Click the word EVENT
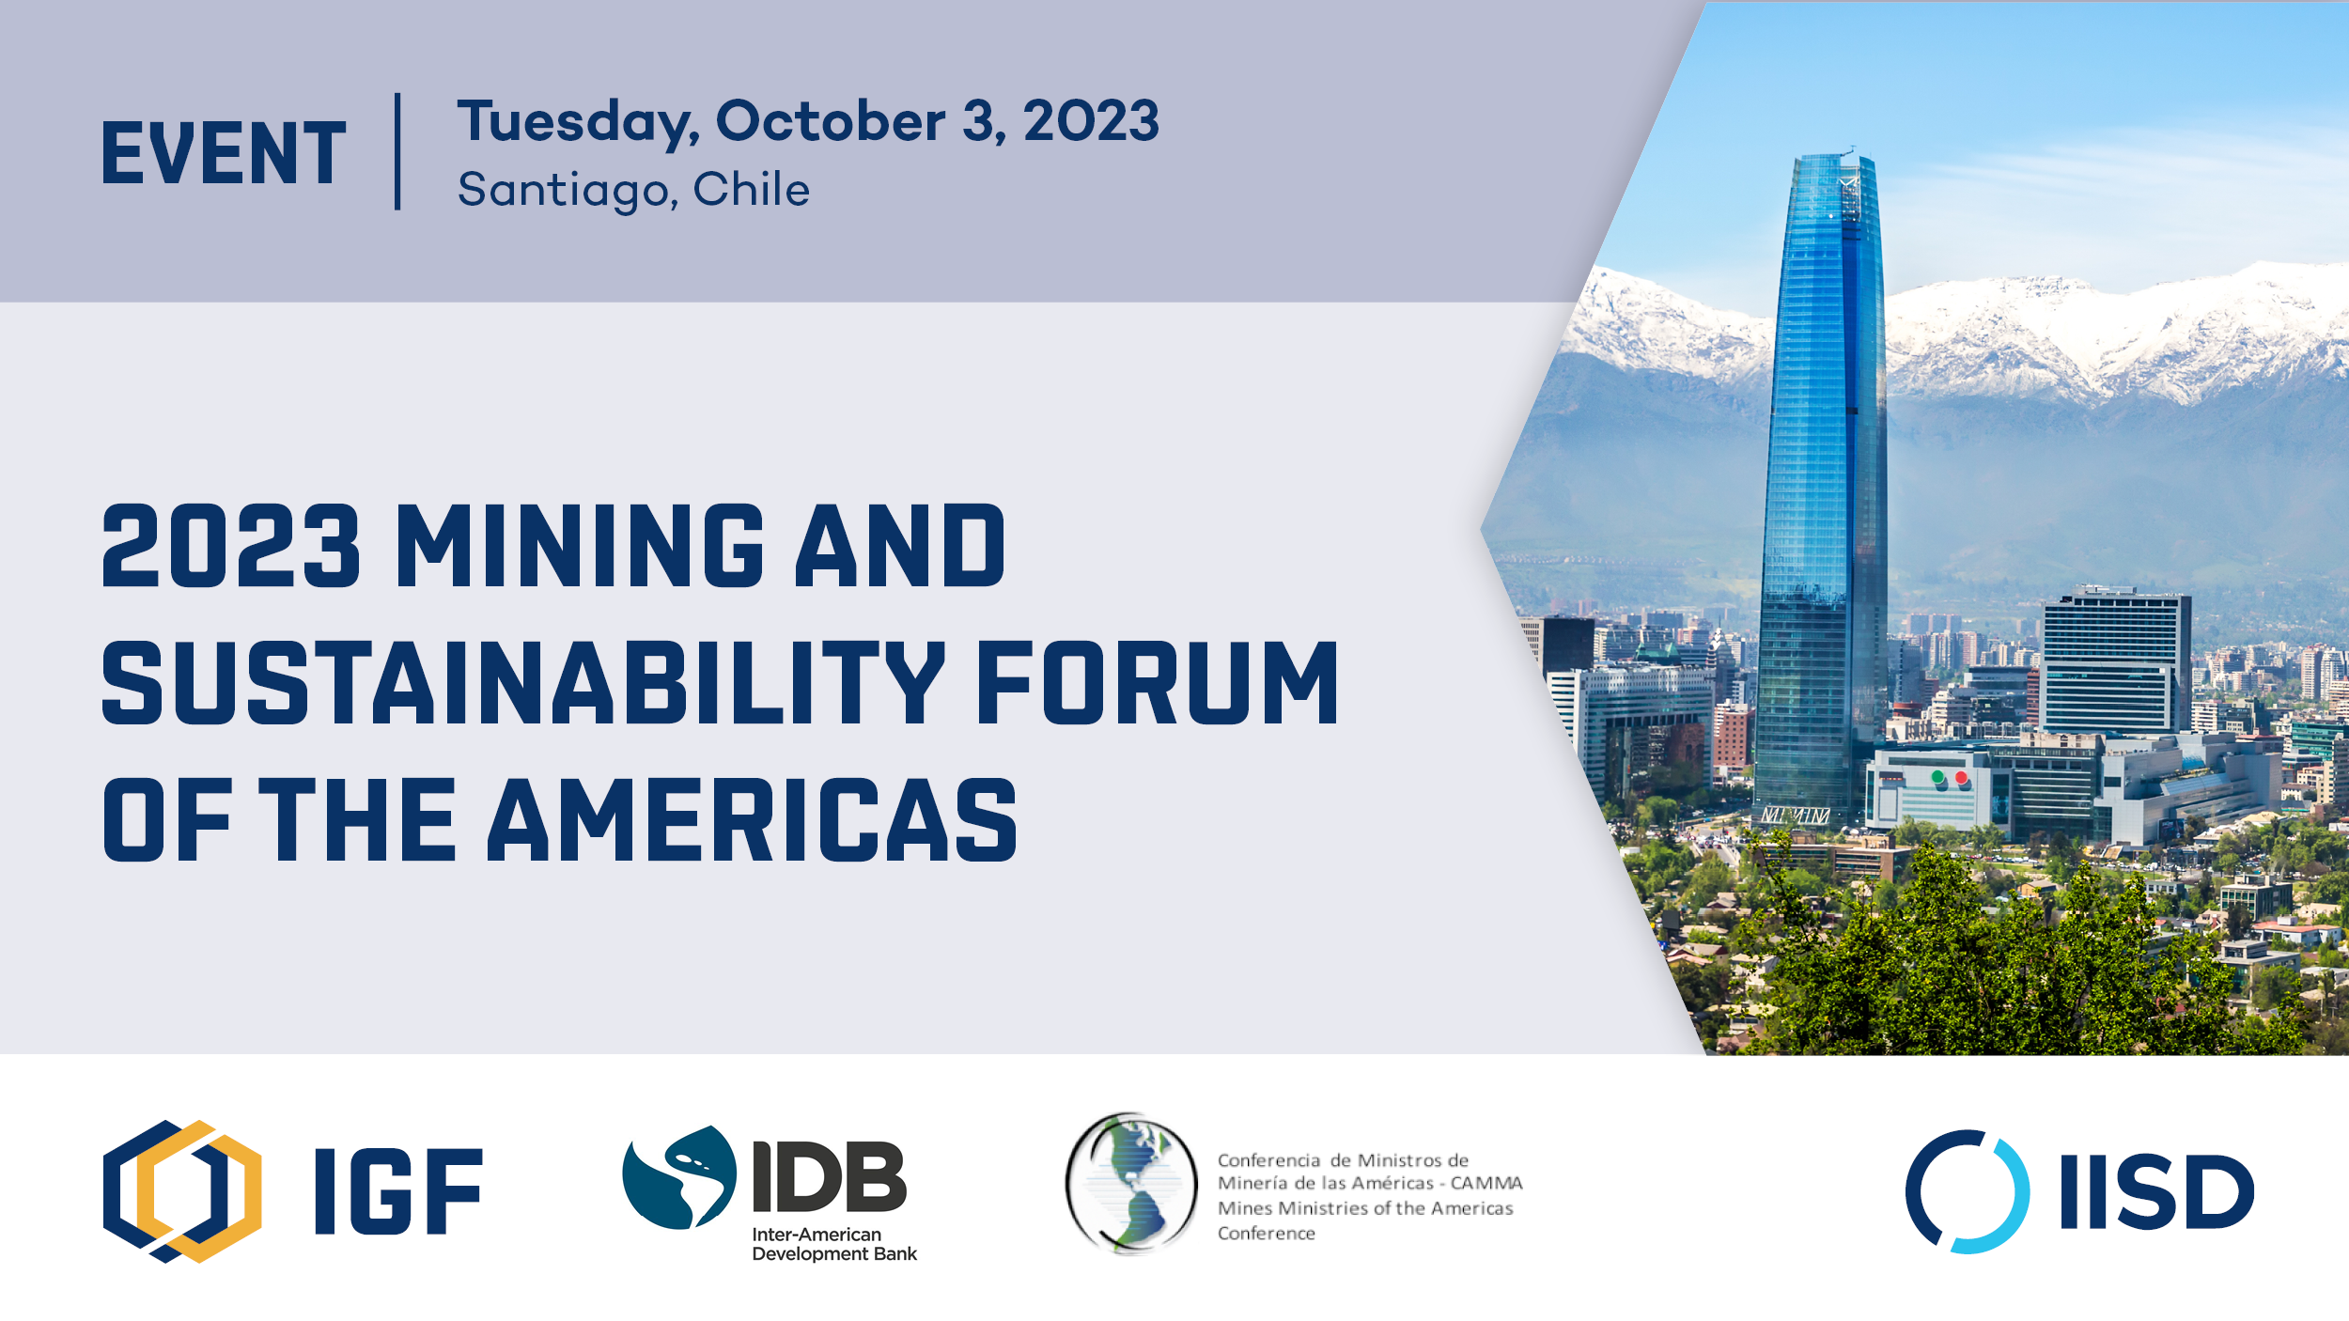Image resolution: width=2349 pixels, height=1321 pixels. [224, 152]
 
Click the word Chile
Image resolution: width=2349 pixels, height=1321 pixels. [751, 188]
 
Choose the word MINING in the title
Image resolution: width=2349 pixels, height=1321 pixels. [580, 545]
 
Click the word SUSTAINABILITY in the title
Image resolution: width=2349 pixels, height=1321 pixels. [523, 682]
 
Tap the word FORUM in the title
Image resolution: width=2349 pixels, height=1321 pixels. [1158, 682]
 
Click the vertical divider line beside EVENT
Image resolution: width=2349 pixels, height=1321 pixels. [398, 151]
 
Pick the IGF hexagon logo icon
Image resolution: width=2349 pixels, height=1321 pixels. [182, 1191]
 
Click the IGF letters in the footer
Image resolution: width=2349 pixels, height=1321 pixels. [399, 1191]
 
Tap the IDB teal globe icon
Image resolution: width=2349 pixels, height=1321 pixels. [678, 1177]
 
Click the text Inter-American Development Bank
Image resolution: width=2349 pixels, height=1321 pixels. [834, 1244]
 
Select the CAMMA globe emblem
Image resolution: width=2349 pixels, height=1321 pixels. [1131, 1184]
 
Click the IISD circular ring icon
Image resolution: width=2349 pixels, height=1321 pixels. [1968, 1191]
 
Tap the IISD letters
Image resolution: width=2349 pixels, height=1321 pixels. [2157, 1191]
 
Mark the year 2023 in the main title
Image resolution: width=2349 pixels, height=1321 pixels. [231, 545]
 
